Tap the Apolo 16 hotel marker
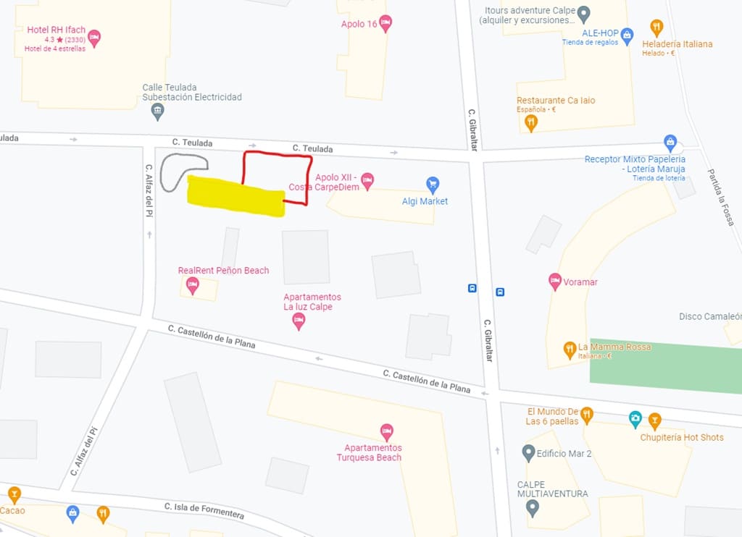tap(385, 22)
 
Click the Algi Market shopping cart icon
tap(433, 184)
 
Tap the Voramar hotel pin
tap(555, 281)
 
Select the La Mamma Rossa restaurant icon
tap(570, 350)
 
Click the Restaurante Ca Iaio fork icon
tap(531, 122)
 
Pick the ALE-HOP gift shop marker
tap(628, 35)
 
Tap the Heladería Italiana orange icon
tap(656, 28)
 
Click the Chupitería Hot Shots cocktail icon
tap(654, 420)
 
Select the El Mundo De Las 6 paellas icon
tap(586, 415)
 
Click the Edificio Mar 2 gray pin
tap(528, 453)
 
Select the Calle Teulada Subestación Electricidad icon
tap(157, 111)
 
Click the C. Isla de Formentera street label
tap(204, 511)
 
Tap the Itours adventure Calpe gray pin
tap(584, 14)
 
